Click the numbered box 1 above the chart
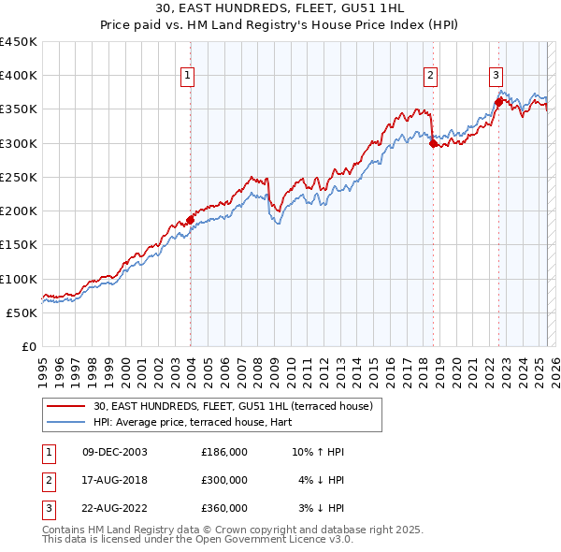[x=188, y=76]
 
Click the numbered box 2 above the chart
[x=431, y=76]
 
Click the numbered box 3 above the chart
[x=496, y=76]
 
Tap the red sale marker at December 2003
[x=191, y=220]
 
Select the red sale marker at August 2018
[x=433, y=143]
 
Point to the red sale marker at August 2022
[x=498, y=103]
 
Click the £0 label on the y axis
[x=28, y=346]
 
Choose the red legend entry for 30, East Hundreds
[x=233, y=406]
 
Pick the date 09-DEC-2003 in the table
[x=115, y=452]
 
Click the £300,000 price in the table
[x=224, y=480]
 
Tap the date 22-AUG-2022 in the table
[x=115, y=508]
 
